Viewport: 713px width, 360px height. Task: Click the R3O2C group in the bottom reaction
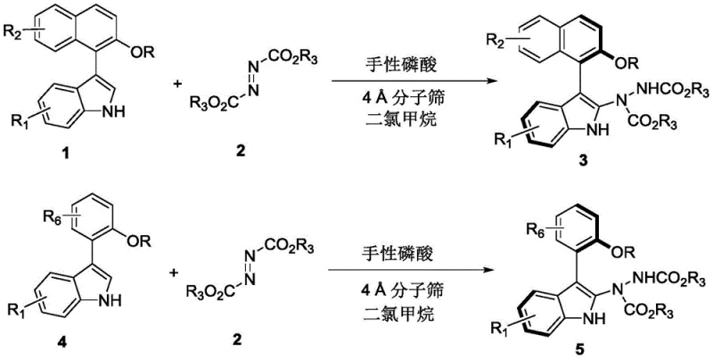click(211, 289)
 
